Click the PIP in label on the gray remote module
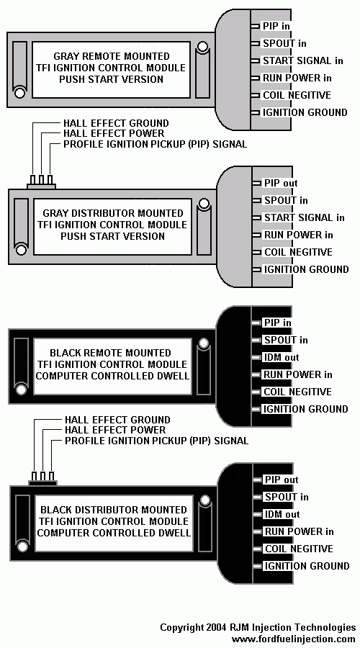pos(276,26)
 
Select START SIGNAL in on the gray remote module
pos(303,60)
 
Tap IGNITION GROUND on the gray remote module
pos(305,112)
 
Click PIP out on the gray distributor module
pos(281,183)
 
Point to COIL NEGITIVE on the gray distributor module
pos(298,252)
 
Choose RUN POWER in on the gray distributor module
pos(299,235)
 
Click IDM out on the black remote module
pos(281,357)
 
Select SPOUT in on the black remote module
pos(286,340)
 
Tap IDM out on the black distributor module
pos(282,515)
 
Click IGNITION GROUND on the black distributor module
pos(307,566)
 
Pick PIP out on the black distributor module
pos(282,480)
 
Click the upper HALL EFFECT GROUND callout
pos(116,123)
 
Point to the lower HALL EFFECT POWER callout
pos(115,431)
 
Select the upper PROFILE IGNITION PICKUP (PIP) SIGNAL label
pos(156,144)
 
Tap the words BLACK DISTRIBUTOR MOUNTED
pos(114,510)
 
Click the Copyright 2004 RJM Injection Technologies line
pos(258,627)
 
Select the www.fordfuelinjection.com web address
pos(294,639)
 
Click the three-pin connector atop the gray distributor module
pos(41,182)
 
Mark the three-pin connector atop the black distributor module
pos(42,479)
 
